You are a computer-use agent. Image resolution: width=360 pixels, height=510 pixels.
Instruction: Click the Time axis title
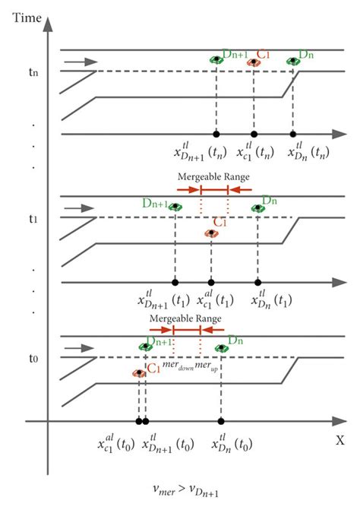[x=27, y=16]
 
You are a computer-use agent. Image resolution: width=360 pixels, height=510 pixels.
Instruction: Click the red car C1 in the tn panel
[x=254, y=63]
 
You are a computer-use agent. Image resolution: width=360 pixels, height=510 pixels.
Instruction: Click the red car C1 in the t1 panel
[x=211, y=233]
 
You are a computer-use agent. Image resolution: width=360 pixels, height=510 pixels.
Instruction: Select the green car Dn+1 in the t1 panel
[x=175, y=207]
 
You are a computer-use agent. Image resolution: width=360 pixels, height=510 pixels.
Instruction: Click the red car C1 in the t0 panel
[x=139, y=373]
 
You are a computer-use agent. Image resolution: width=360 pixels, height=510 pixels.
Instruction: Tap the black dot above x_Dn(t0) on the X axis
[x=221, y=421]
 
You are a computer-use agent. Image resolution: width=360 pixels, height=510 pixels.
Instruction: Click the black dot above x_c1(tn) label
[x=254, y=134]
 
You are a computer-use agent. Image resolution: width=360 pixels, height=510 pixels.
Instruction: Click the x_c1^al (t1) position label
[x=209, y=299]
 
